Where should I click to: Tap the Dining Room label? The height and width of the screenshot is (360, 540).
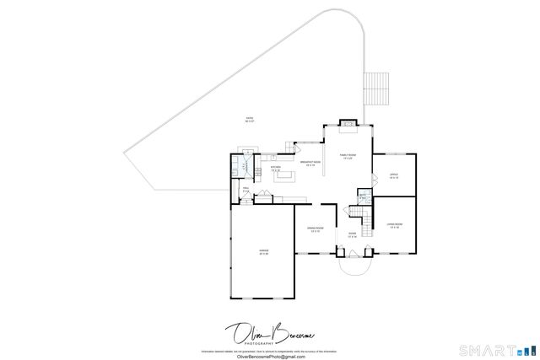pos(315,229)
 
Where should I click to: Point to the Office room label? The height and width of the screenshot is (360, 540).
pos(394,176)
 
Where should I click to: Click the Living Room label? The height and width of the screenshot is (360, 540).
pos(394,225)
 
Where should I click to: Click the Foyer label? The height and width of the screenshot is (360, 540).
pos(353,235)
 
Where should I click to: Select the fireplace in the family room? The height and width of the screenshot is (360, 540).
pos(347,127)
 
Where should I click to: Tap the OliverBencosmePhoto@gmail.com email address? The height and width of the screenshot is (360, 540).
pos(271,356)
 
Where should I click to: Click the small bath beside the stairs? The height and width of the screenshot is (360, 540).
pos(362,199)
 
